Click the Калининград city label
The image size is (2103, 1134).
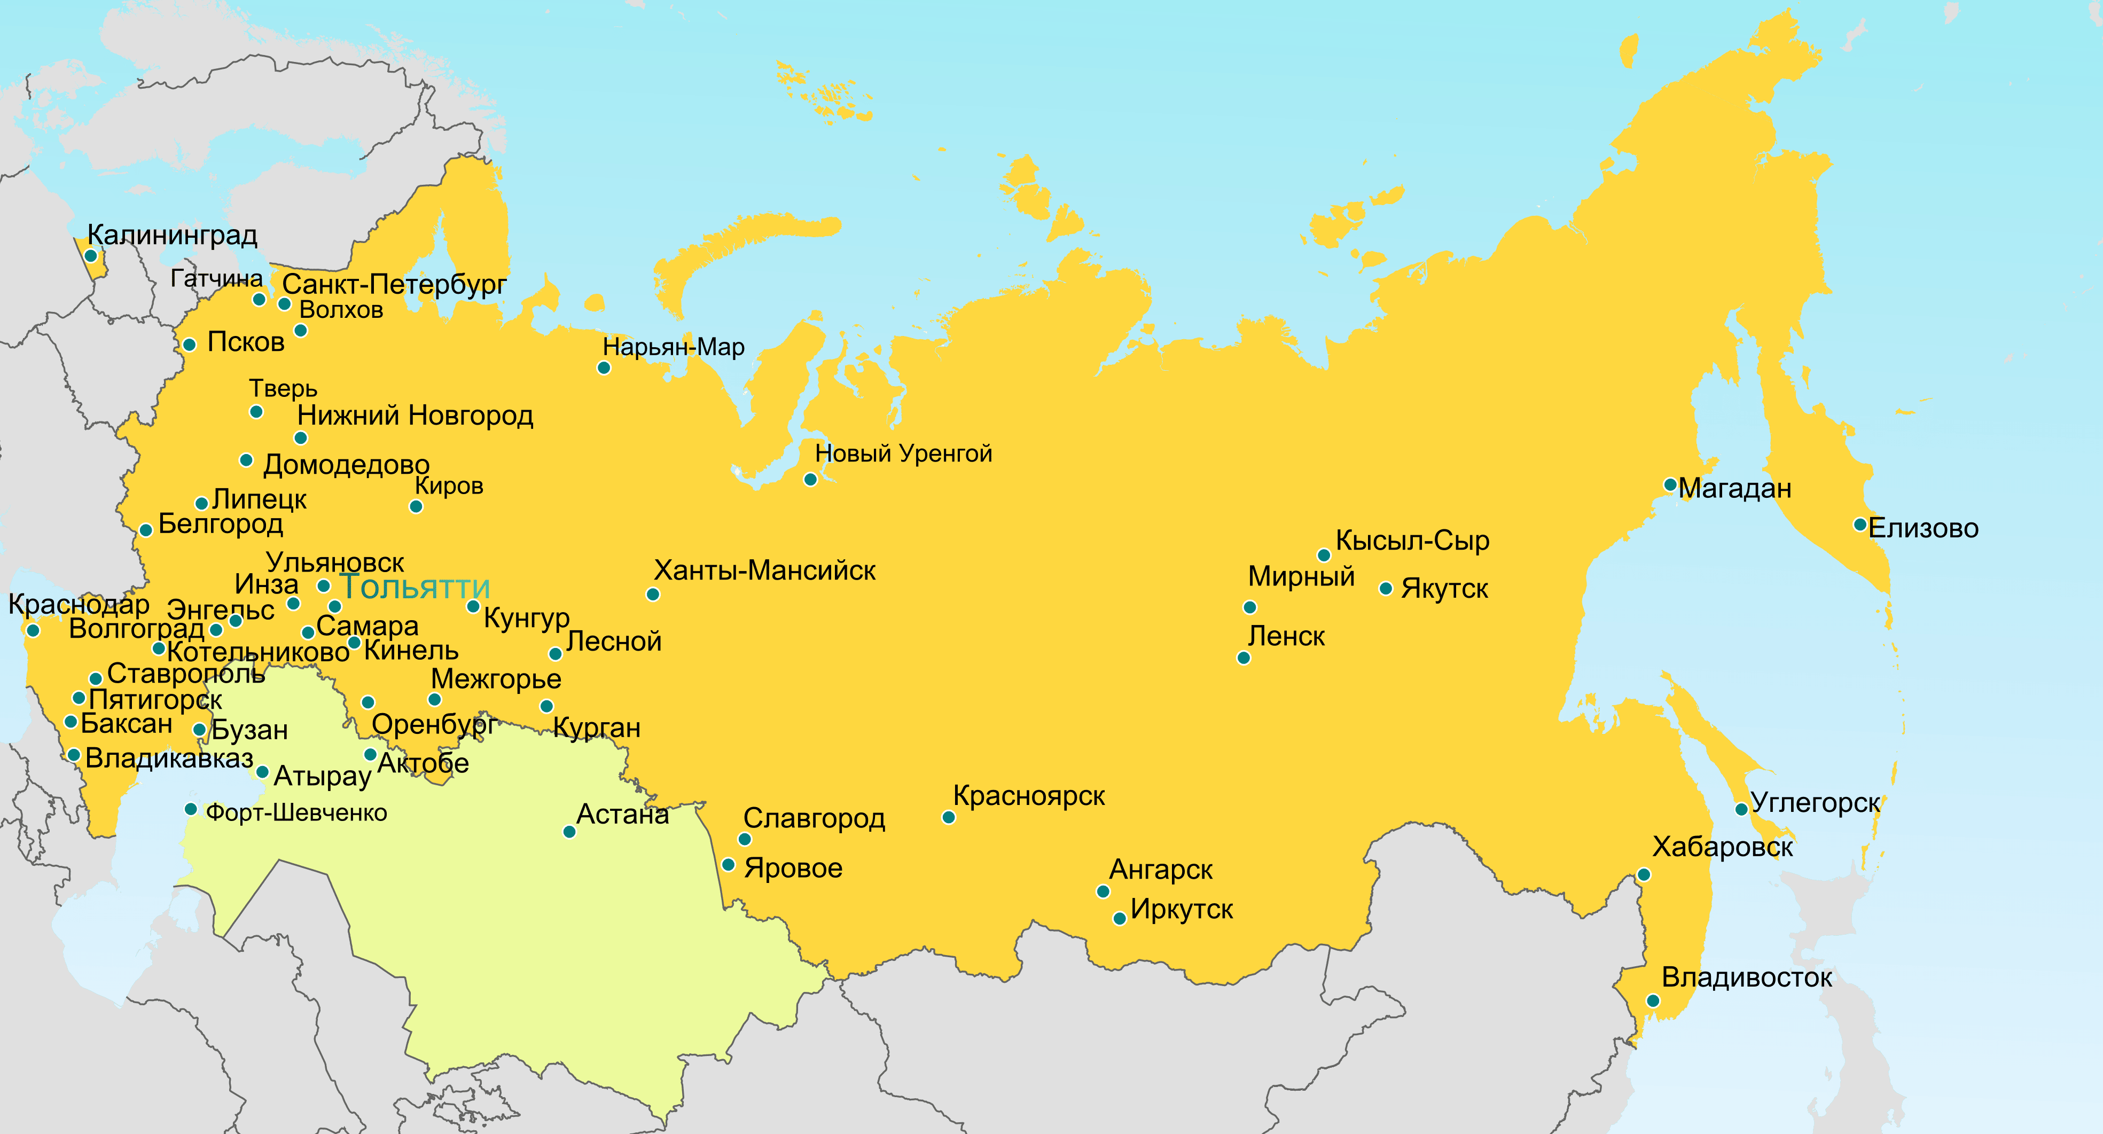click(x=172, y=235)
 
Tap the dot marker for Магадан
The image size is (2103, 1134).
click(x=1670, y=485)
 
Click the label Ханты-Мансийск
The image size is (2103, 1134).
click(x=764, y=570)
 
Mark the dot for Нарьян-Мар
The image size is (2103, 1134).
click(x=604, y=367)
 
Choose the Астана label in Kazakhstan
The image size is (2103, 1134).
click(x=622, y=815)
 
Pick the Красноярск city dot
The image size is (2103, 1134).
click(x=948, y=817)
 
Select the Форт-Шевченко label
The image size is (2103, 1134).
click(x=296, y=813)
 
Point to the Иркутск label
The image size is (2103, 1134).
click(x=1182, y=910)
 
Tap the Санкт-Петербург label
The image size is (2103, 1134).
click(x=394, y=284)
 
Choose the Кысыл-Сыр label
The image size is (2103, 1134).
click(x=1412, y=541)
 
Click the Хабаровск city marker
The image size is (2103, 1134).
click(x=1644, y=874)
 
